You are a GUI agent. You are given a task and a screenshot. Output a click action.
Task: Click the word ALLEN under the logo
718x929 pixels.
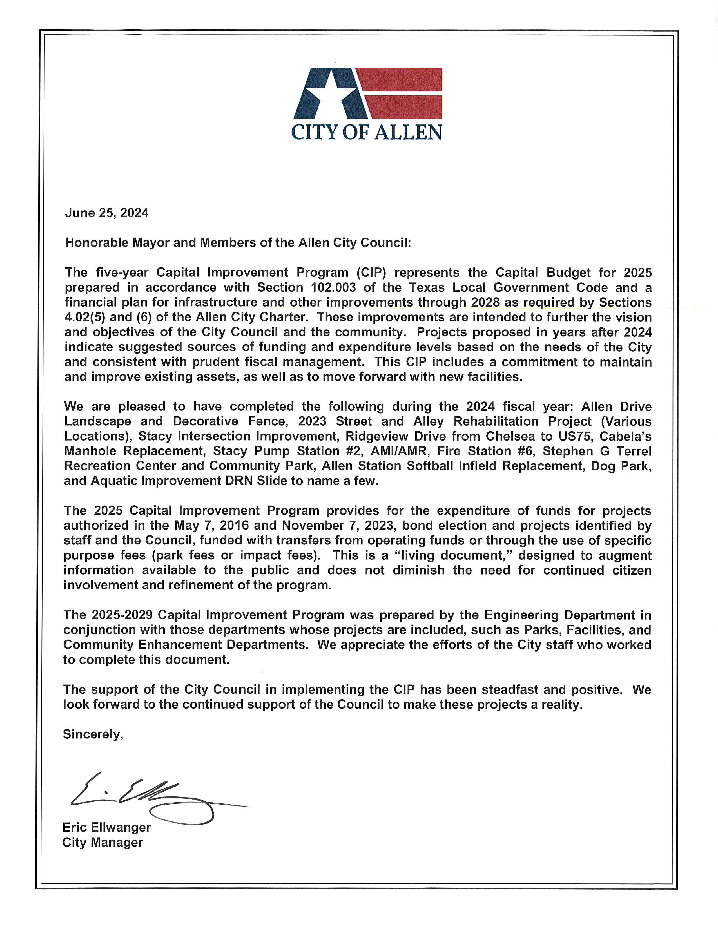click(x=408, y=132)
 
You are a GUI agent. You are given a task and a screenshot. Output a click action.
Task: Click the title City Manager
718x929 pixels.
click(x=102, y=842)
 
